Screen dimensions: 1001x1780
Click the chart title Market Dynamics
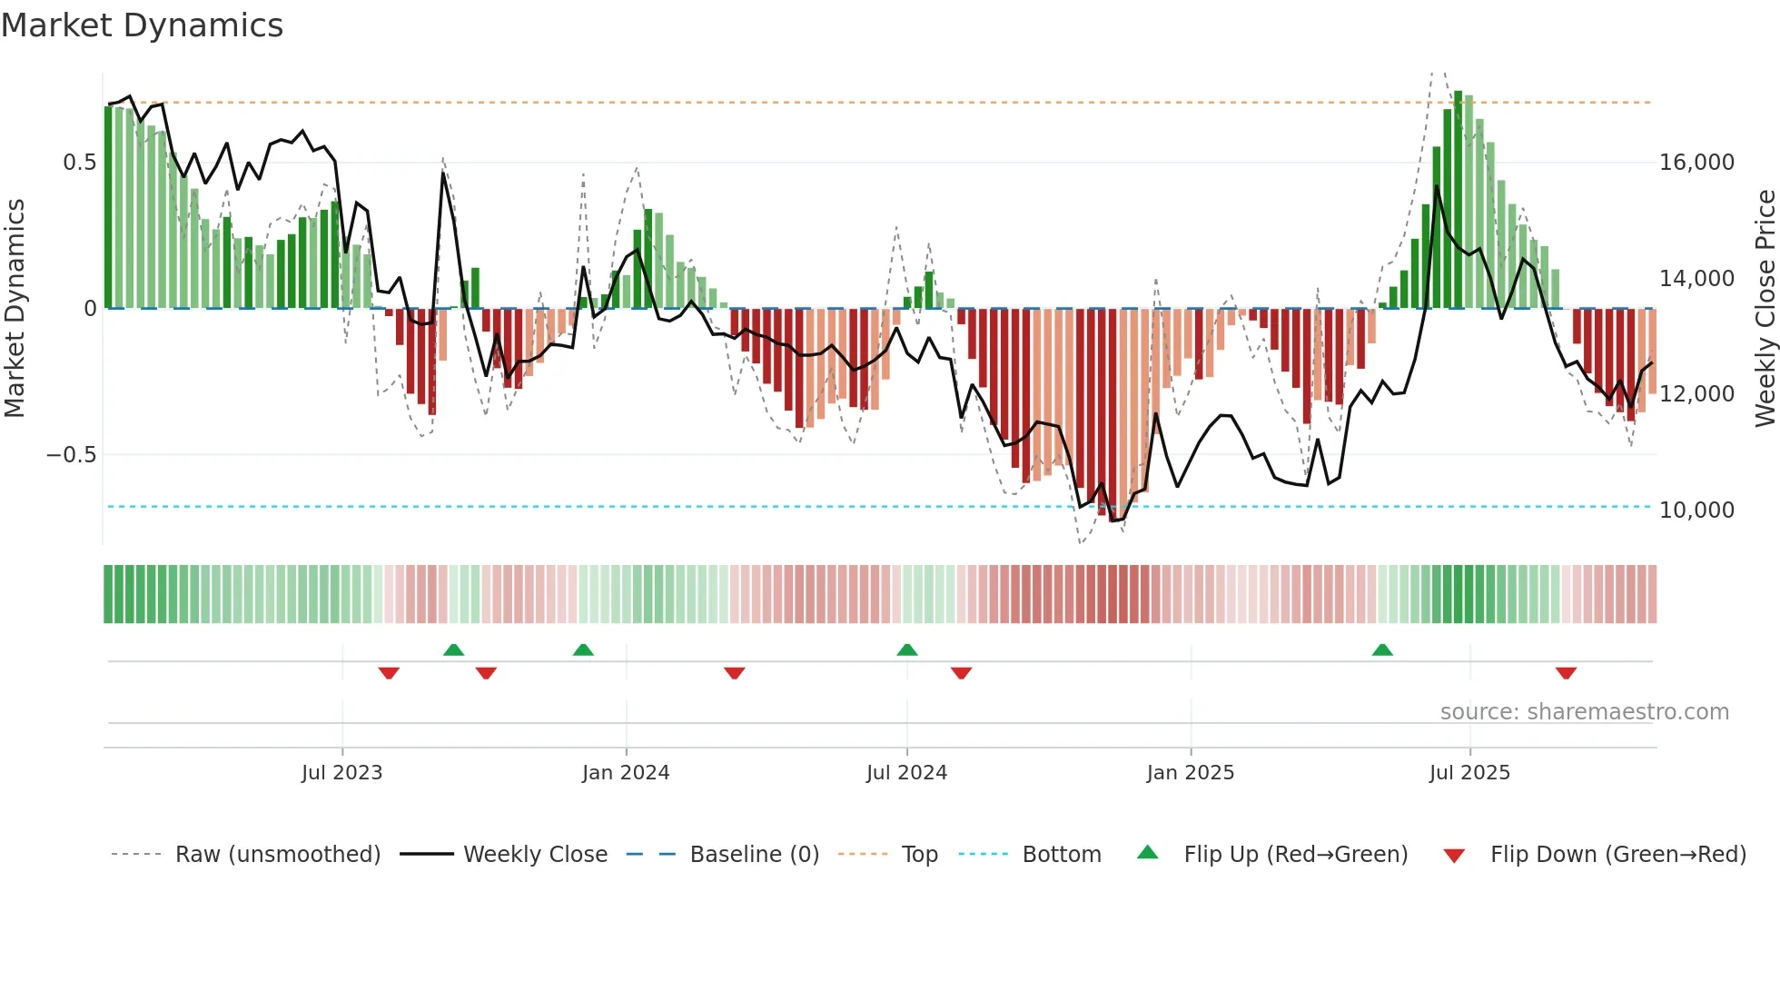point(142,25)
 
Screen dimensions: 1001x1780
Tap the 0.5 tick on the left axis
point(79,163)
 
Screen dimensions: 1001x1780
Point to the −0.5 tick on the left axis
point(71,454)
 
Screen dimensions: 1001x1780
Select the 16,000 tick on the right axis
point(1696,163)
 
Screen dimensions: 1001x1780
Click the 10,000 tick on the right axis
point(1696,510)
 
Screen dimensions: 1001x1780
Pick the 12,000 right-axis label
point(1696,394)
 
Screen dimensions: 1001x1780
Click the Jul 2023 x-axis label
point(341,773)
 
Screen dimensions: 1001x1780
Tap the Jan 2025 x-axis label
point(1190,773)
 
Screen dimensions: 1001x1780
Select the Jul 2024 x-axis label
point(906,773)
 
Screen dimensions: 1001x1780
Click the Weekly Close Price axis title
point(1765,308)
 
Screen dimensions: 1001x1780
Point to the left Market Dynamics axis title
point(15,308)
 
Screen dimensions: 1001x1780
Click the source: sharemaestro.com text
point(1584,712)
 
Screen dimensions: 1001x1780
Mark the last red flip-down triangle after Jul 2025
point(1566,673)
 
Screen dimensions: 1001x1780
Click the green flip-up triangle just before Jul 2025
point(1382,649)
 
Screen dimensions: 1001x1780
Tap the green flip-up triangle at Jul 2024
point(906,649)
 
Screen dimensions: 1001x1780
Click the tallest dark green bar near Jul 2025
point(1458,200)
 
